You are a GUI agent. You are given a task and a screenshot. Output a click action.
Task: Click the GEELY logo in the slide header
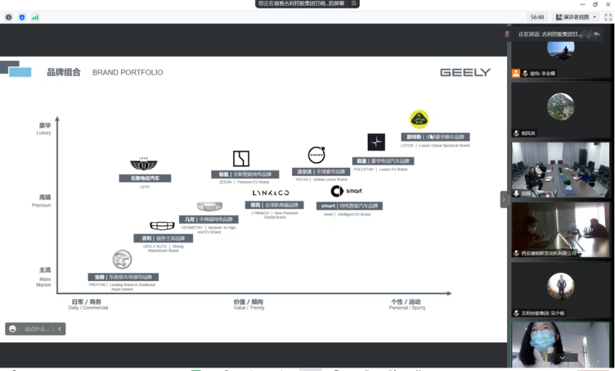tap(465, 72)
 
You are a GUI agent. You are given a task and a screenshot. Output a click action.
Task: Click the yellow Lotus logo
tap(419, 119)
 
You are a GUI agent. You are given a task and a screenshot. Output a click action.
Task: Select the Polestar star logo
tap(376, 142)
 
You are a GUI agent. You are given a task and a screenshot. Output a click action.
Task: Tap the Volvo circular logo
tap(317, 155)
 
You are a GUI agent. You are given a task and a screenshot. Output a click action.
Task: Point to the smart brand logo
tap(346, 191)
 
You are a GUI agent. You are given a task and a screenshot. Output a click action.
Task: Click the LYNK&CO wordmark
tap(271, 192)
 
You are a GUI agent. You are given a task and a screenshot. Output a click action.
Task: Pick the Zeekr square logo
tap(241, 158)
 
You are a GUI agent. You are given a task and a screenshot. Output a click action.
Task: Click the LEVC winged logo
tap(144, 165)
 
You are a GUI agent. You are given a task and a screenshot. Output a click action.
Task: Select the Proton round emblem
tap(122, 260)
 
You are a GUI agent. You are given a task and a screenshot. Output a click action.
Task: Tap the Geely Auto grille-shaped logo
tap(162, 225)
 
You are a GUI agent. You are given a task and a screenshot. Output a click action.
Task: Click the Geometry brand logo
tap(209, 206)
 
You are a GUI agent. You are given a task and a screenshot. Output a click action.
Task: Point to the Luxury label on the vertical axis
tap(44, 128)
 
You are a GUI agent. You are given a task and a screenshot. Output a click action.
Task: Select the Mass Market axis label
tap(44, 277)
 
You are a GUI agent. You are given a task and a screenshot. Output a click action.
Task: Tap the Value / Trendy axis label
tap(248, 305)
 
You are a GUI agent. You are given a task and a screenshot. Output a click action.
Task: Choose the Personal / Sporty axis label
tap(407, 305)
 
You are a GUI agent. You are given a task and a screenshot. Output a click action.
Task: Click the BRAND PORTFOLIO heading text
tap(128, 72)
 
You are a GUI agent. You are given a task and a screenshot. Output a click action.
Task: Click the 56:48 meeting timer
tap(537, 17)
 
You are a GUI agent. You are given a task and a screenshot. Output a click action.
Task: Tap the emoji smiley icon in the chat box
tap(12, 329)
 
